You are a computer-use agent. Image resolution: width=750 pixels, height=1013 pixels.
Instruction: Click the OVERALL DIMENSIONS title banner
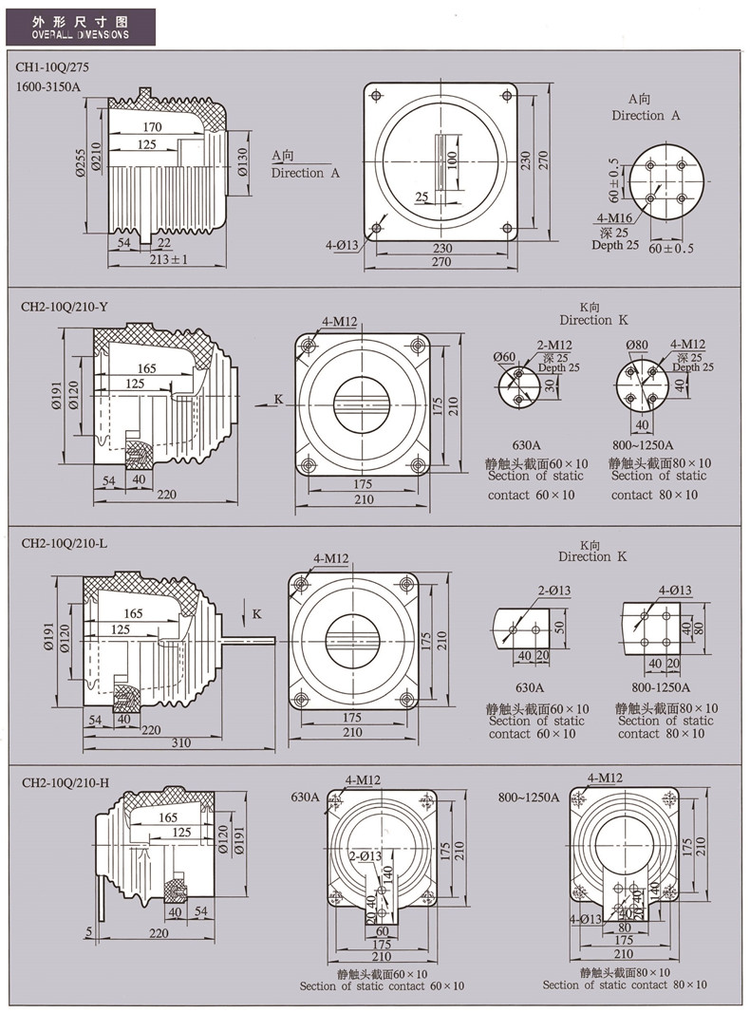pos(80,26)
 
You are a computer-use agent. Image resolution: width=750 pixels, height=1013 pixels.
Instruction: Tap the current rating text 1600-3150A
pos(49,87)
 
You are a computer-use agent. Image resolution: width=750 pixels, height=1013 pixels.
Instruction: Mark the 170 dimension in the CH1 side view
pos(152,127)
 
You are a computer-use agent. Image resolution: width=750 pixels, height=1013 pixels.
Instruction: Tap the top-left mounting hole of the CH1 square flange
pos(377,97)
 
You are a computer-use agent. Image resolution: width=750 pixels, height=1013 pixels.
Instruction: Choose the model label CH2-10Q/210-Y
pos(65,307)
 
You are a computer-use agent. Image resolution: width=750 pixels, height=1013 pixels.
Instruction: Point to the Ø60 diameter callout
pos(505,357)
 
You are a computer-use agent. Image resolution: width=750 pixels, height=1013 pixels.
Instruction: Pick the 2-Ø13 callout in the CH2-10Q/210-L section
pos(553,591)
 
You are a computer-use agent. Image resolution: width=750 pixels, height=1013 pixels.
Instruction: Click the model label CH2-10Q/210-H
pos(65,782)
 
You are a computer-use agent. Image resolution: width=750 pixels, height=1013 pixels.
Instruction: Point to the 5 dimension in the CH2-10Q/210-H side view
pos(88,933)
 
